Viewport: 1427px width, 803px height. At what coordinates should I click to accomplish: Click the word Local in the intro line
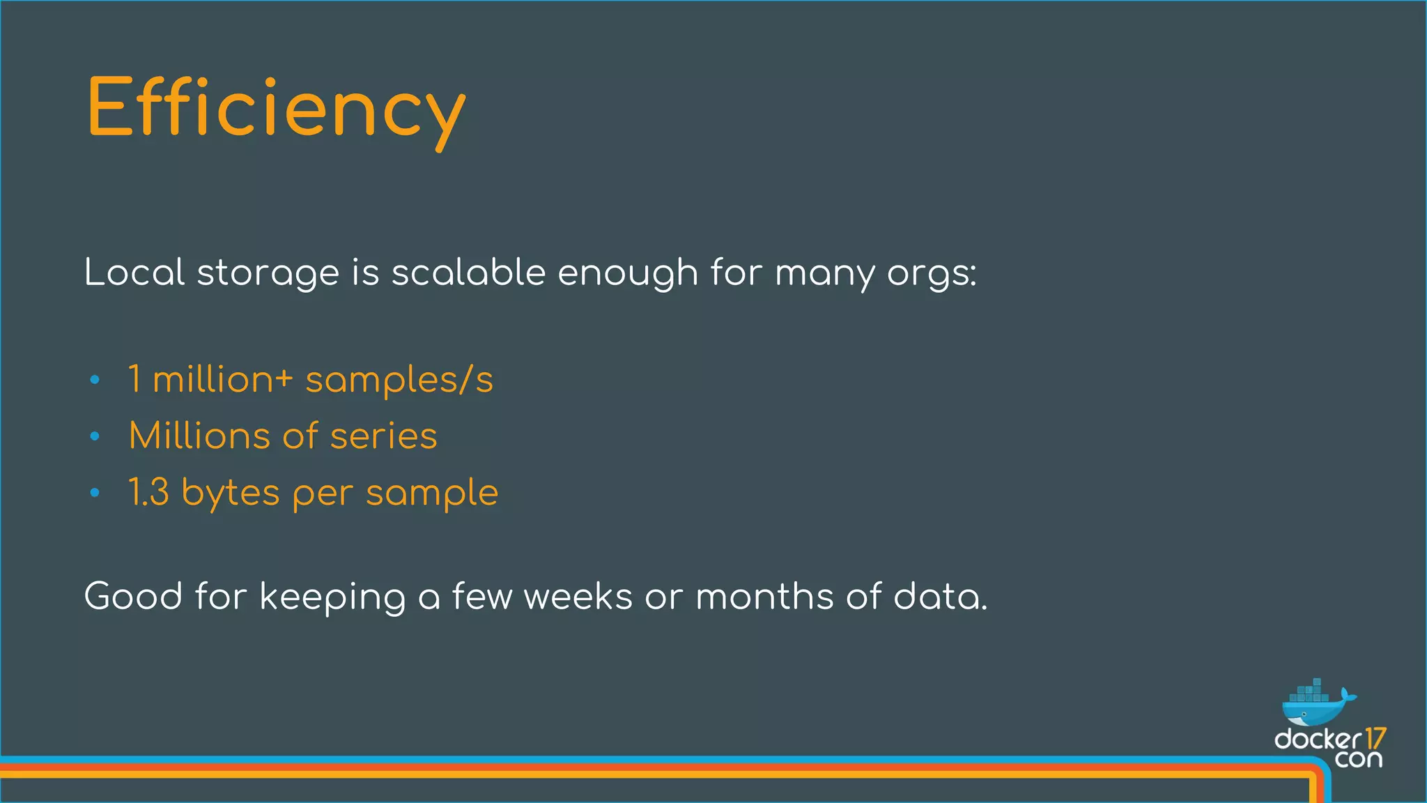[134, 272]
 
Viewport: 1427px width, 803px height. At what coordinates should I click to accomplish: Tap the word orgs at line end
[931, 273]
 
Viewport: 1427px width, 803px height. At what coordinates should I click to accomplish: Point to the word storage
[268, 273]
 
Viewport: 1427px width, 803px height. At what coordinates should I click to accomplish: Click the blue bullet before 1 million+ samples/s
[95, 381]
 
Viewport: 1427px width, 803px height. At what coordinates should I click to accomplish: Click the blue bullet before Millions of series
[95, 437]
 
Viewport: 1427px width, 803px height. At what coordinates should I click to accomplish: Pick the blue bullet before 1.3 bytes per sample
[95, 493]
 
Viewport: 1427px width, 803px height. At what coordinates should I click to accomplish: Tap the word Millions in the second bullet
[199, 436]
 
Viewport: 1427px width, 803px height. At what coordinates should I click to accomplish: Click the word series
[383, 436]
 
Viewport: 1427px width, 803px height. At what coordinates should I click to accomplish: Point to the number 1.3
[148, 492]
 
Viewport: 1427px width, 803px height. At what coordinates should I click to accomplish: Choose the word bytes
[230, 494]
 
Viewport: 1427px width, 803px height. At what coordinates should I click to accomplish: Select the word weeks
[578, 597]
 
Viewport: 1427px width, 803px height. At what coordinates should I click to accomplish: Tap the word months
[764, 597]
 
